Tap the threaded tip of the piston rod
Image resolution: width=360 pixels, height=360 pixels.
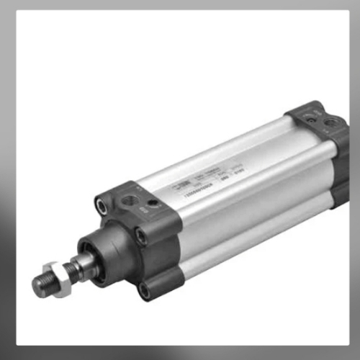(x=40, y=285)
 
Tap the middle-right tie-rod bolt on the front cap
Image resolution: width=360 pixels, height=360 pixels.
(x=141, y=235)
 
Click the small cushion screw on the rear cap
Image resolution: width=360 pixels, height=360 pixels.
(x=330, y=124)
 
